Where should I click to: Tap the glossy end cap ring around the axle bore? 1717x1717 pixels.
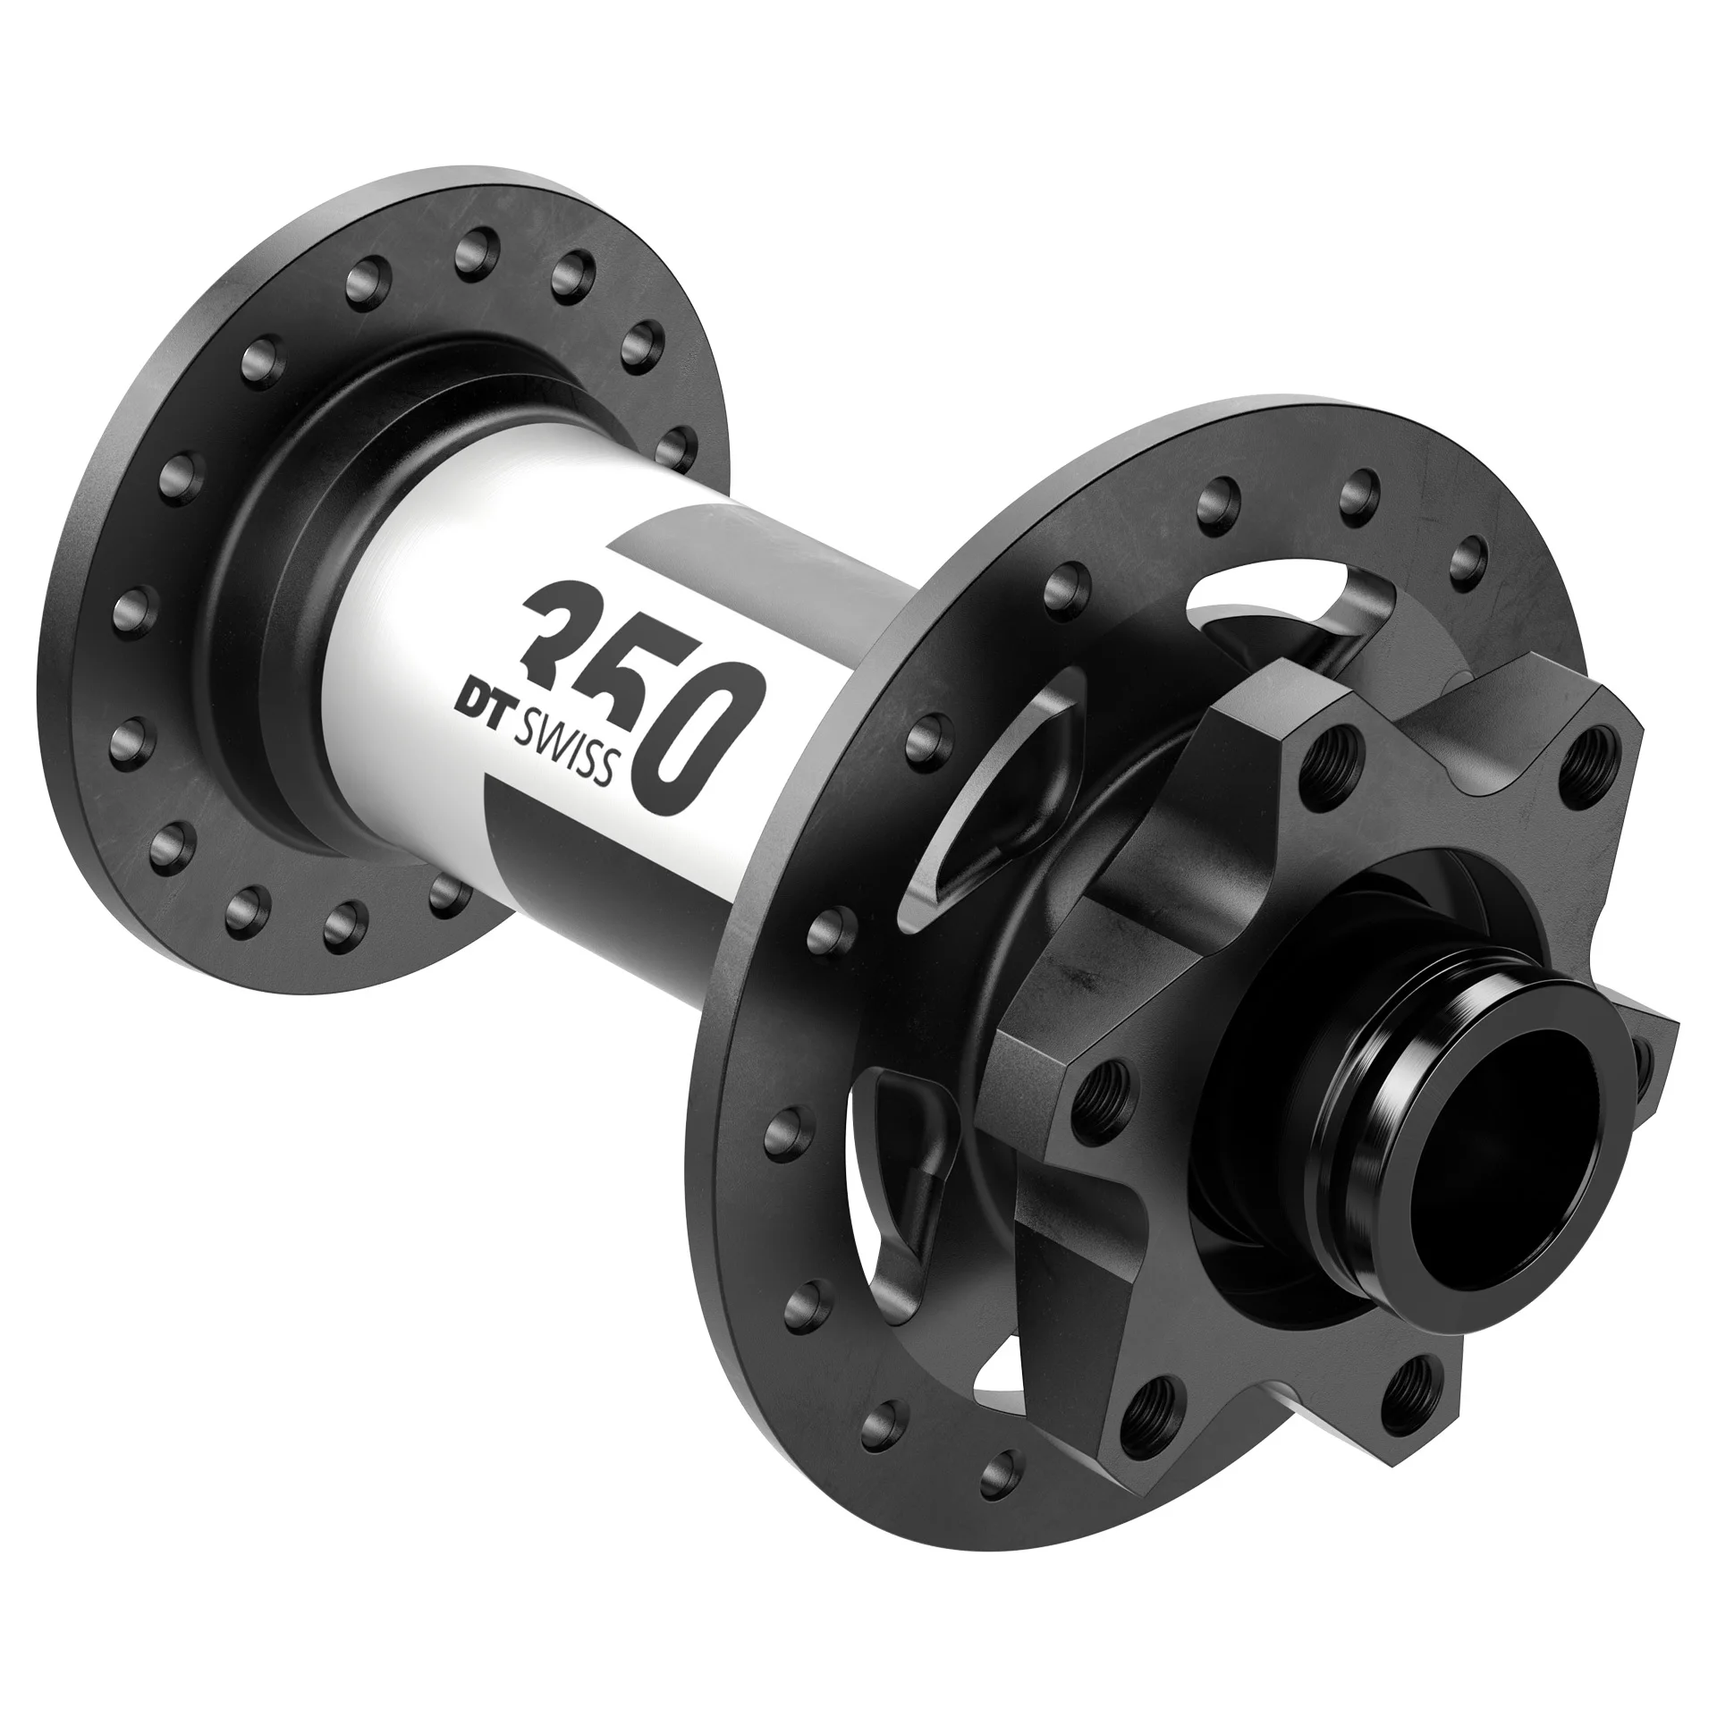tap(1395, 1154)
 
